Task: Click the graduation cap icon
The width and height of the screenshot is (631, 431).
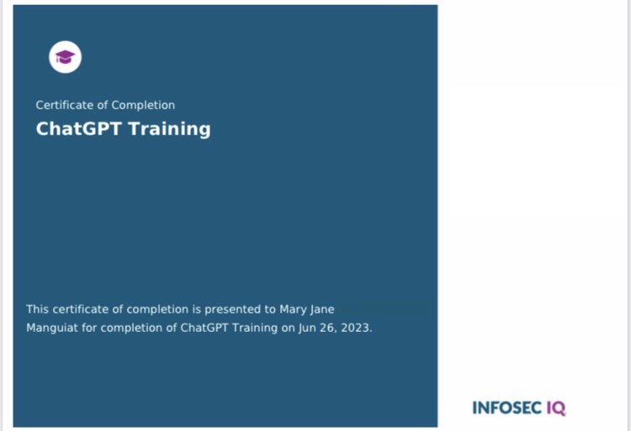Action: (65, 57)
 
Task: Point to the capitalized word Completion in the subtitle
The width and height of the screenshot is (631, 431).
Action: (143, 105)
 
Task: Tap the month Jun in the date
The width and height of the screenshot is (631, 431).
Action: (307, 328)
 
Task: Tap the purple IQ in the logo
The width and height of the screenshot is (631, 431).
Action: (556, 408)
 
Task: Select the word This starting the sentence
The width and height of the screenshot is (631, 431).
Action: (38, 309)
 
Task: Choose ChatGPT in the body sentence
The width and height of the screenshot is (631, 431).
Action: (203, 328)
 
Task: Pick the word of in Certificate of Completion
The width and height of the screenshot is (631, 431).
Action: (102, 105)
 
